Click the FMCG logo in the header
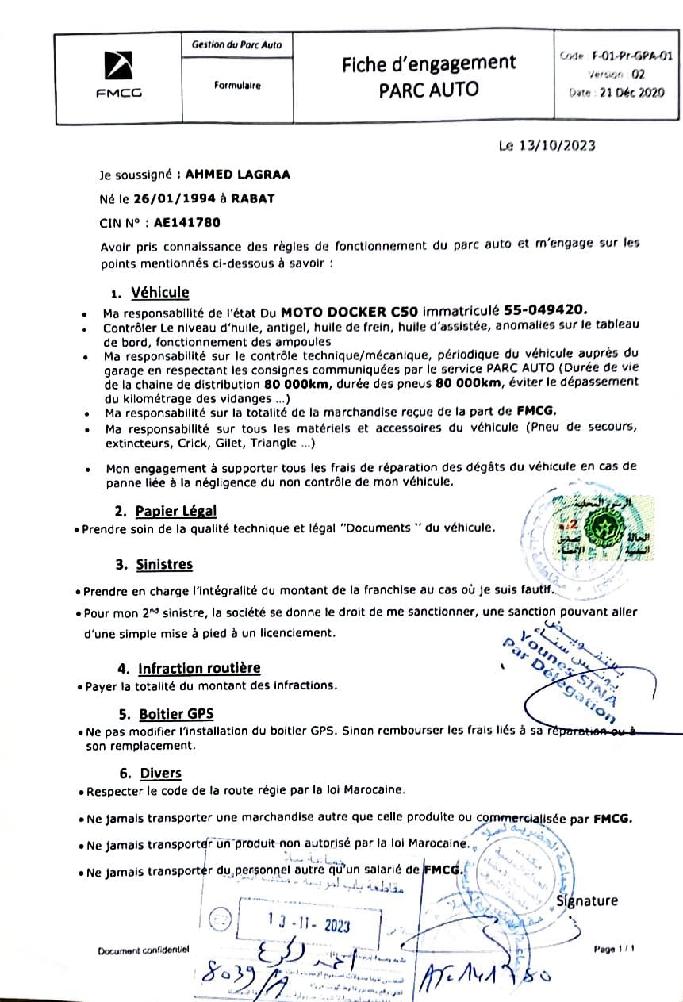click(118, 75)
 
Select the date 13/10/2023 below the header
click(558, 146)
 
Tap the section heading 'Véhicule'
click(159, 293)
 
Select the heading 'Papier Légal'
click(175, 511)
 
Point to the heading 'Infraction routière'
click(199, 668)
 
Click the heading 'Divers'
click(161, 773)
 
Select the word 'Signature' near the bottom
click(587, 900)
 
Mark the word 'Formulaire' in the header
click(236, 86)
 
